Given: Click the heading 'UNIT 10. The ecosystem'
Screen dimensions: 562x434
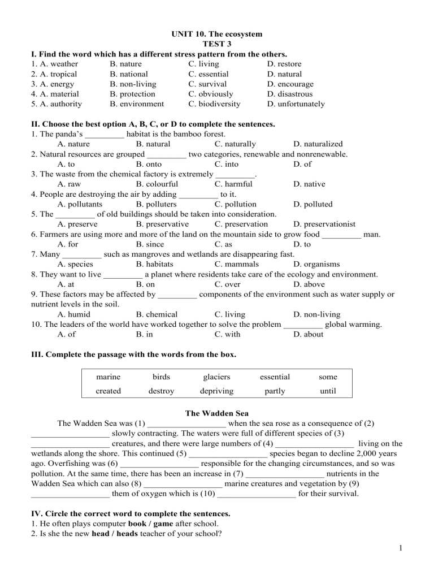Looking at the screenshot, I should point(217,34).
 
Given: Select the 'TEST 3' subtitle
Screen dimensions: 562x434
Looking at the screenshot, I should point(217,44).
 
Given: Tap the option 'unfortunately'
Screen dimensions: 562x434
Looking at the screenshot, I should point(301,104).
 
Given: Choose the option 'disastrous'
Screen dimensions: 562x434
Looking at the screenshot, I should point(294,94).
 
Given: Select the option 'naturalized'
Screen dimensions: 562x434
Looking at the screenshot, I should point(318,144).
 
